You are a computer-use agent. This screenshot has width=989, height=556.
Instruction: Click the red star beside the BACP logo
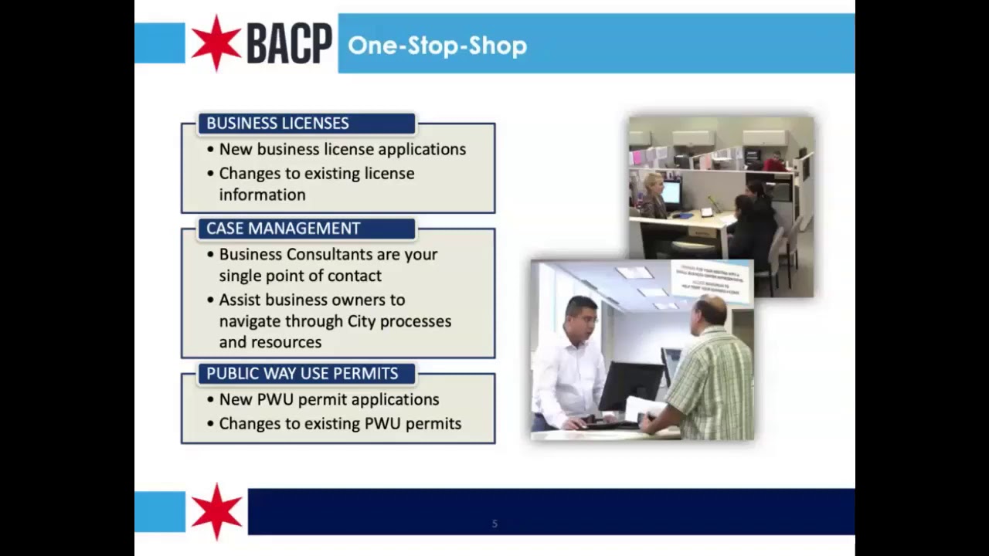(x=216, y=43)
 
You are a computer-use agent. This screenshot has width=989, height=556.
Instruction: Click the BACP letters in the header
(x=289, y=44)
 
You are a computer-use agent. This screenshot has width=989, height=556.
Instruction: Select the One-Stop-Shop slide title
(x=437, y=46)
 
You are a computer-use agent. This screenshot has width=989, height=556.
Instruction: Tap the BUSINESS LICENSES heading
(x=277, y=124)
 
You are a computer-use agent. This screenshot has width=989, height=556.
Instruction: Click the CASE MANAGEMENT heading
(x=283, y=229)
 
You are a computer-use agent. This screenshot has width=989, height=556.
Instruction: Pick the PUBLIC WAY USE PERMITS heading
(x=302, y=374)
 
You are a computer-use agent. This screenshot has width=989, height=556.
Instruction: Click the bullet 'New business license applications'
(x=342, y=149)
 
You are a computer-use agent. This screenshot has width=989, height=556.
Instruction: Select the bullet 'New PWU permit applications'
(x=329, y=399)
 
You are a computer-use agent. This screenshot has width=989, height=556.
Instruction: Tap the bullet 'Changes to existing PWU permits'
(x=340, y=423)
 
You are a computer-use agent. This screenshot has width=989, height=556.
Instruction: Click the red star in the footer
(x=216, y=511)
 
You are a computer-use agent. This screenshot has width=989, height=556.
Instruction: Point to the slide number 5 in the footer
(x=494, y=524)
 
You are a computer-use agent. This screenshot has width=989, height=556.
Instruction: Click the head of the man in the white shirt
(x=580, y=317)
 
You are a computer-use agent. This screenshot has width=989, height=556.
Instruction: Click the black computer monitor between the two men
(x=630, y=385)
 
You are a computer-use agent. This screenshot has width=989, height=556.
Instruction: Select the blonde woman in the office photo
(x=654, y=195)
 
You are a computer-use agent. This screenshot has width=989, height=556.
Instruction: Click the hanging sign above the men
(x=711, y=280)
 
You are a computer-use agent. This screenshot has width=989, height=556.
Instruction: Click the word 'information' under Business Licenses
(x=262, y=195)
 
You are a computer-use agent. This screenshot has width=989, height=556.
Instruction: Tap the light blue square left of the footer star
(x=160, y=511)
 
